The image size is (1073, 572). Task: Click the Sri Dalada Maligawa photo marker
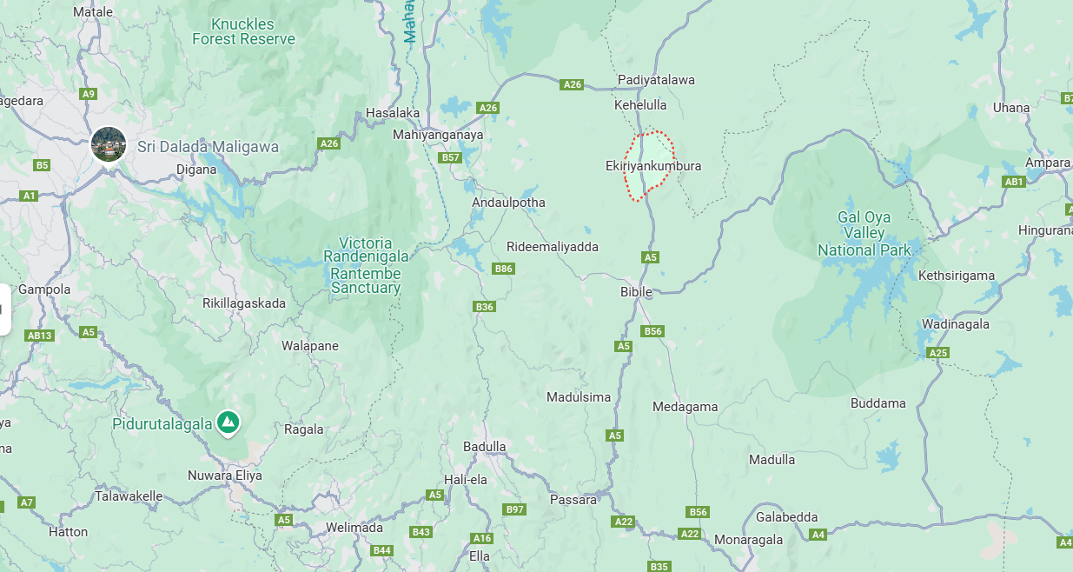[x=109, y=144]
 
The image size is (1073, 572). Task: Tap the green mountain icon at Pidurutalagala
[x=229, y=422]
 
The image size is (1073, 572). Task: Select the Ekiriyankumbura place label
[x=652, y=166]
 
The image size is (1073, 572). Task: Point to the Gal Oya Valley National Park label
[x=864, y=234]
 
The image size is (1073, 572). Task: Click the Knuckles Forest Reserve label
[x=243, y=32]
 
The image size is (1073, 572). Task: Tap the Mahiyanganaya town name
[x=438, y=135]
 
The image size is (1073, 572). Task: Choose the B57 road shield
[x=450, y=157]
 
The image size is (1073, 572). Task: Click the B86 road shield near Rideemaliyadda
[x=504, y=269]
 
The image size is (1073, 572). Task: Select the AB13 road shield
[x=40, y=336]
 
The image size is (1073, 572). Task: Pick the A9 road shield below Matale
[x=88, y=94]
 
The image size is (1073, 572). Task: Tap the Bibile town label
[x=636, y=292]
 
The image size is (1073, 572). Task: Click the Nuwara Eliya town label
[x=225, y=476]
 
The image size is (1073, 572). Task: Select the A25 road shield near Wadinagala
[x=938, y=352]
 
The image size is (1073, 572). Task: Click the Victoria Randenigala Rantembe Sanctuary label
[x=365, y=265]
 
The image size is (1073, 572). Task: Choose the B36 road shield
[x=484, y=307]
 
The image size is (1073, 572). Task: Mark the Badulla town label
[x=485, y=447]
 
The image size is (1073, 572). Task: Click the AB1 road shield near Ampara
[x=1014, y=182]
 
